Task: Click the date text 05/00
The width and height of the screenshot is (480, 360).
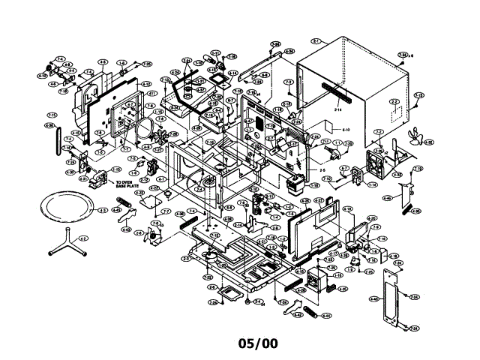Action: (257, 343)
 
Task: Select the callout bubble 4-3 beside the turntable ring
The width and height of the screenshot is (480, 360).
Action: (103, 211)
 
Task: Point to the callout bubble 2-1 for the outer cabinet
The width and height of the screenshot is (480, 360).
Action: (316, 40)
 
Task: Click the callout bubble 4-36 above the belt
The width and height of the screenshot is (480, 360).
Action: (49, 125)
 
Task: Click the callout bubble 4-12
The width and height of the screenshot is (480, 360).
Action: (147, 83)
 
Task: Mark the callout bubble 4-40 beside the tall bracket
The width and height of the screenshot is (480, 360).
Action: (373, 298)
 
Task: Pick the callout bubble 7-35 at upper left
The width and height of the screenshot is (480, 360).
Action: (148, 64)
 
